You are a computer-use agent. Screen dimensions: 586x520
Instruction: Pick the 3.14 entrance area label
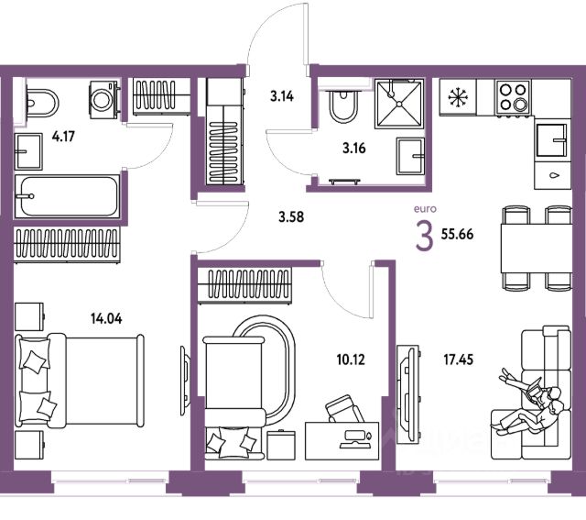pyautogui.click(x=281, y=94)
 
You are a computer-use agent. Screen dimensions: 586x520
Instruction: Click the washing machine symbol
pyautogui.click(x=101, y=95)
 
